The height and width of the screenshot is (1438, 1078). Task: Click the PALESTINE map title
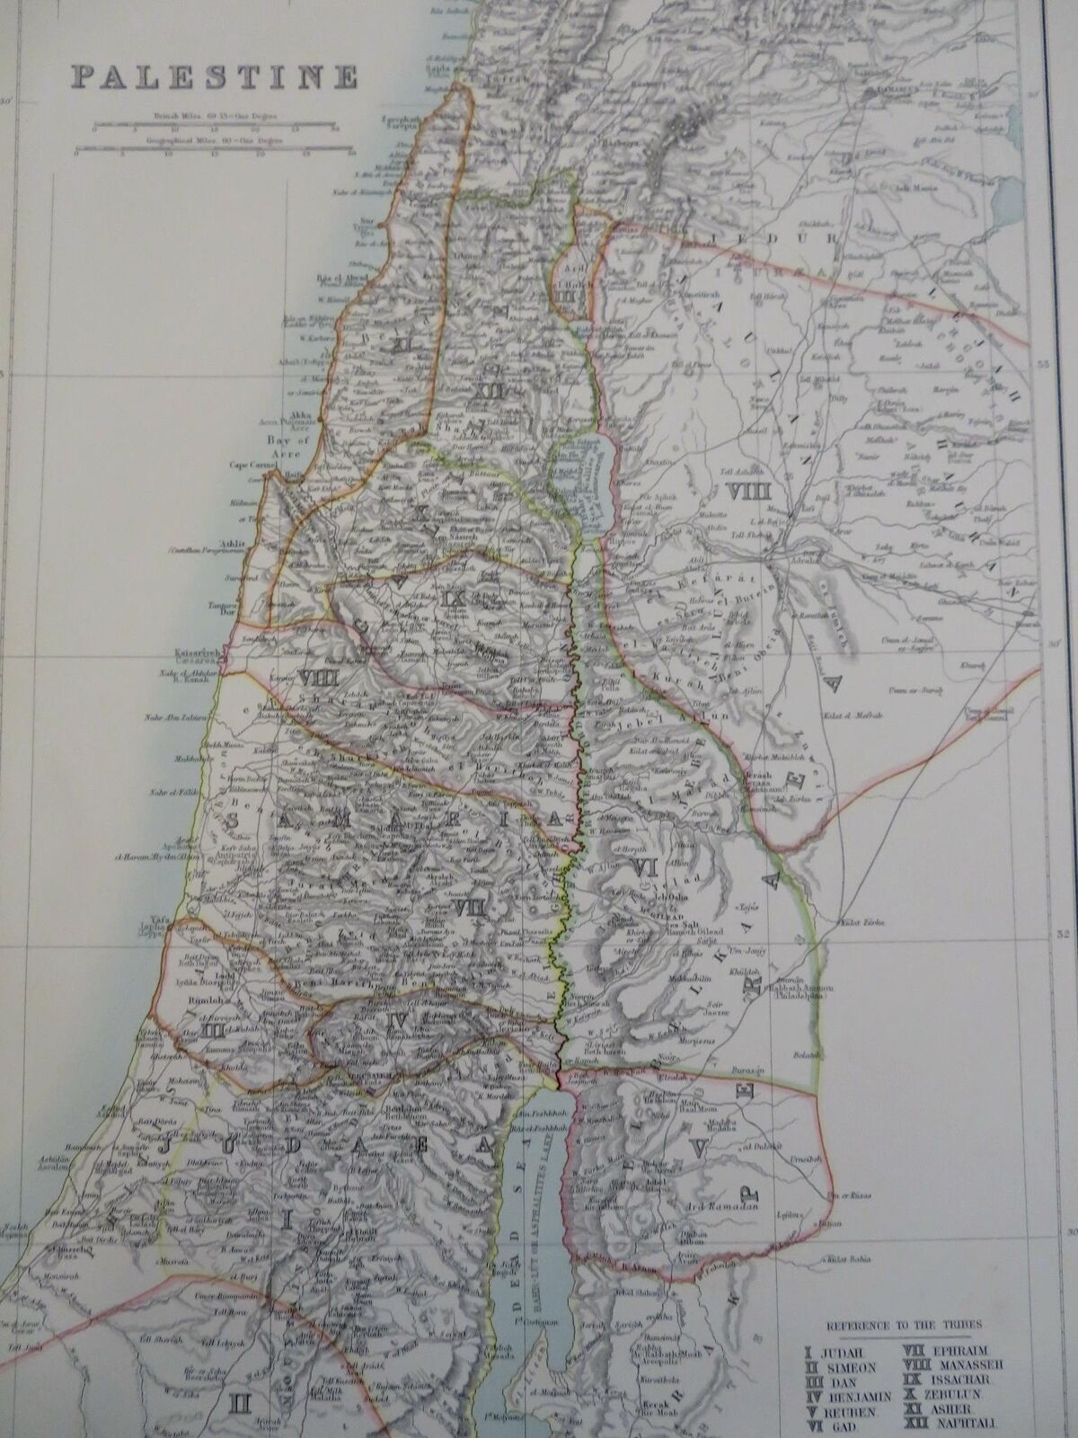point(215,77)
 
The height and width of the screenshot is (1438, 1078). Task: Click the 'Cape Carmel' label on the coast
point(253,464)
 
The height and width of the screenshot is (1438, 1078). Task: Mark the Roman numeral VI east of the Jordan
point(641,866)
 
